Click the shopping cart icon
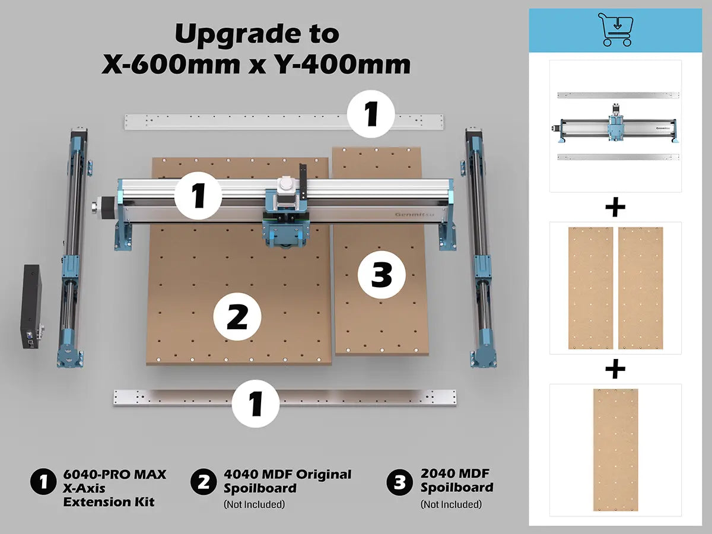tap(616, 29)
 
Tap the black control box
tap(33, 306)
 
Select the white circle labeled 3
tap(382, 275)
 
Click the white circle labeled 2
tap(237, 316)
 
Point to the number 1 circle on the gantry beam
tap(198, 196)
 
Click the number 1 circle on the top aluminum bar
tap(371, 114)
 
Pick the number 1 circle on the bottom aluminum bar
tap(256, 403)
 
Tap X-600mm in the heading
tap(171, 64)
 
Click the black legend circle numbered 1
tap(43, 482)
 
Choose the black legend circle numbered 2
tap(204, 482)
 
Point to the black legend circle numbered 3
tap(400, 482)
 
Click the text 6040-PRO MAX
tap(115, 474)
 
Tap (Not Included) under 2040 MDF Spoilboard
tap(451, 504)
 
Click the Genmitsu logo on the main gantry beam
tap(415, 214)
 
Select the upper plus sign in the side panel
tap(615, 207)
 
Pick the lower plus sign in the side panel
tap(615, 369)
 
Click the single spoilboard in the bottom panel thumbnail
tap(616, 450)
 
